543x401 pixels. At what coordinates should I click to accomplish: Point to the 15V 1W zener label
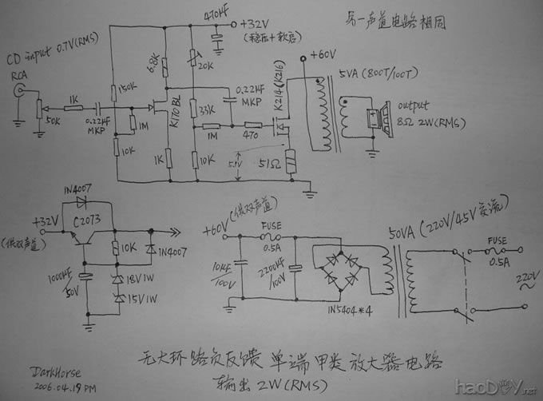tap(141, 300)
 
